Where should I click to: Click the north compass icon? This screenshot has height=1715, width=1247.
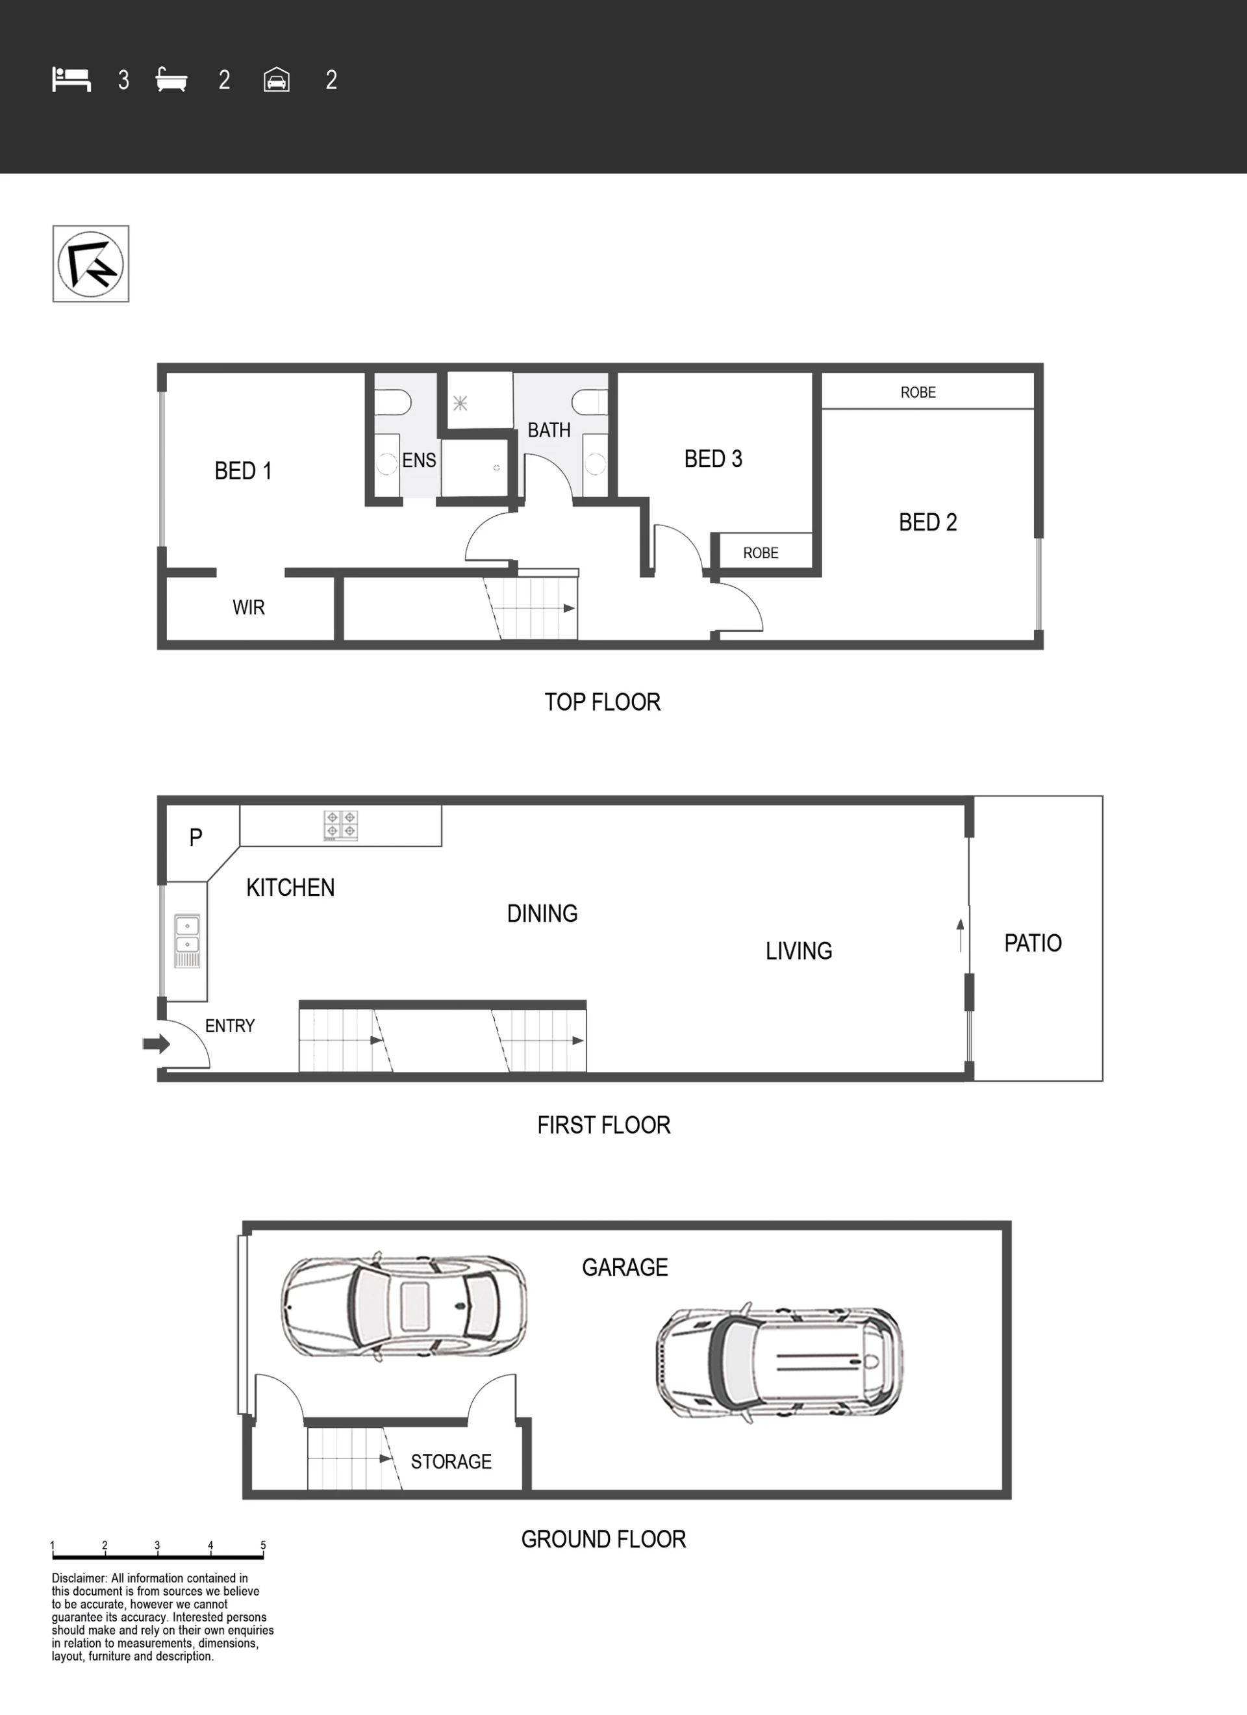click(x=91, y=264)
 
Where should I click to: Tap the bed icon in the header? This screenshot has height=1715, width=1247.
click(x=71, y=79)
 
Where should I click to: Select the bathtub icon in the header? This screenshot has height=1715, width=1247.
click(x=171, y=79)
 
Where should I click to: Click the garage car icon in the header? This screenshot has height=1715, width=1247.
click(x=277, y=79)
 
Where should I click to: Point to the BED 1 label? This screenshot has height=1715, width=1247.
click(x=243, y=471)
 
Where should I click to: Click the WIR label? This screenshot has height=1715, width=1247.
click(x=249, y=607)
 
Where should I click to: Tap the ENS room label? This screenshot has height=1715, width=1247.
click(x=419, y=460)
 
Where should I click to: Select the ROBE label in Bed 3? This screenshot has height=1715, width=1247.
click(x=761, y=553)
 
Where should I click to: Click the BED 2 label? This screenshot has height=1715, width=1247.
click(x=928, y=522)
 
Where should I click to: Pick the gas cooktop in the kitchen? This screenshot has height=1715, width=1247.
click(x=340, y=825)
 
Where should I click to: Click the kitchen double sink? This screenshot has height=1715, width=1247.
click(x=187, y=941)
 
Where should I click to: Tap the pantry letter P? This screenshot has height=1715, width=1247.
click(x=196, y=837)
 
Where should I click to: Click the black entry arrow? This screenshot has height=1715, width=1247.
click(x=157, y=1045)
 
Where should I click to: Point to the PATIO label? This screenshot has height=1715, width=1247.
click(x=1033, y=943)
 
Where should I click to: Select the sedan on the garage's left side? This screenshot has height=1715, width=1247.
click(x=404, y=1306)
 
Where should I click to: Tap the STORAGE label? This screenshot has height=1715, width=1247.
click(x=451, y=1462)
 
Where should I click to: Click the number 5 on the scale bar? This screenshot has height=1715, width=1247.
click(x=263, y=1545)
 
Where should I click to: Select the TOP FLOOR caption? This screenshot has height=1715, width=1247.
click(x=603, y=702)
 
